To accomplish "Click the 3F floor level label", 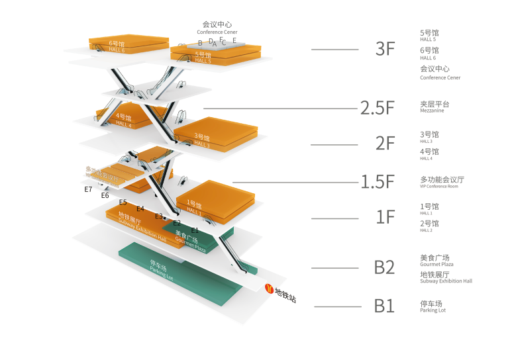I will click(385, 49).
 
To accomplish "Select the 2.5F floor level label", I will click(378, 108).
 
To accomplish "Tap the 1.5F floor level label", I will click(378, 182).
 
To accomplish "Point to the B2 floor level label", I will click(384, 267).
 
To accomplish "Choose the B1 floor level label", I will click(384, 306).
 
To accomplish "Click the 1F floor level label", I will click(385, 217).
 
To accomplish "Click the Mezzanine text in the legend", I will click(432, 111).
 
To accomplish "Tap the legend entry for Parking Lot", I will click(433, 310).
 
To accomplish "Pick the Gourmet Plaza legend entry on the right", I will click(436, 264).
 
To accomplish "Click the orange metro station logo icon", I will click(269, 289).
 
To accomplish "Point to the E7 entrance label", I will click(88, 189).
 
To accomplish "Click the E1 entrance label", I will click(195, 230).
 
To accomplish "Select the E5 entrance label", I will click(123, 202).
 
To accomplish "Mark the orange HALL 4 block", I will click(126, 119).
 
